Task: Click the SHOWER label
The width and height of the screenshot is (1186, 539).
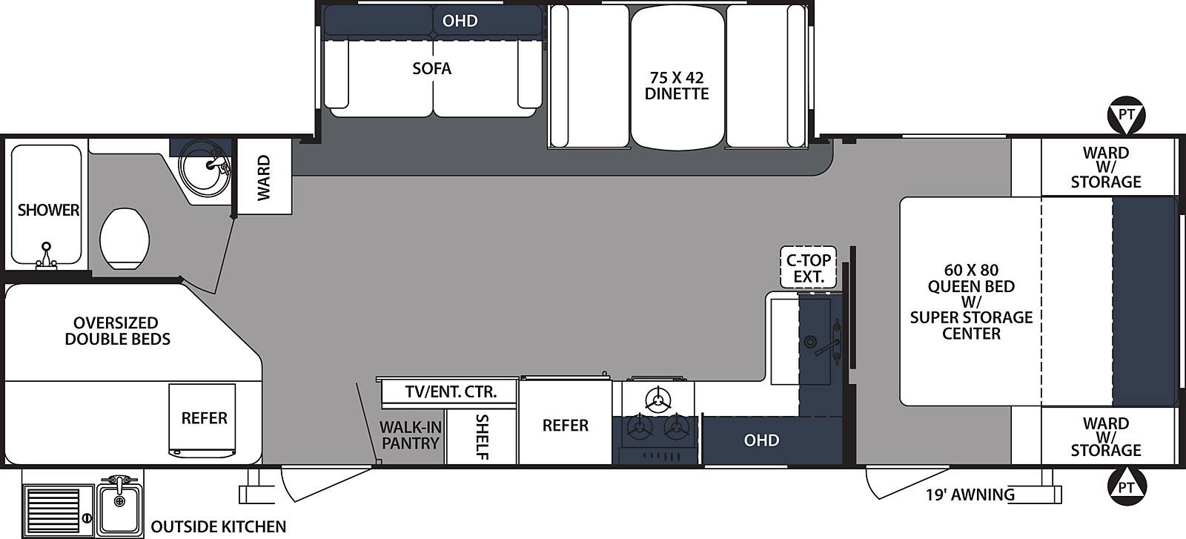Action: click(x=48, y=211)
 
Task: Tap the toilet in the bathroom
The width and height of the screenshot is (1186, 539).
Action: click(x=125, y=238)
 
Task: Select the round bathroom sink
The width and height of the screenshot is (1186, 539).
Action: click(x=205, y=168)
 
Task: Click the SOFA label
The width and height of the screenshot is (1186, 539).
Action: click(x=431, y=68)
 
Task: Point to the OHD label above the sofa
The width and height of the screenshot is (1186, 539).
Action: click(x=460, y=21)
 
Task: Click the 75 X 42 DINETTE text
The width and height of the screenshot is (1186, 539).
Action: click(x=677, y=86)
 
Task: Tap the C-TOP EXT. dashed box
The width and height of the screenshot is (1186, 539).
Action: click(x=809, y=268)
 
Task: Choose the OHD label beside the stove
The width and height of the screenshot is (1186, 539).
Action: click(x=761, y=440)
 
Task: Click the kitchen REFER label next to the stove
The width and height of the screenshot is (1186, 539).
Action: click(x=565, y=425)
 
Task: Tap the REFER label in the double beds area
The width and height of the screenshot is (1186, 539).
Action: click(x=204, y=418)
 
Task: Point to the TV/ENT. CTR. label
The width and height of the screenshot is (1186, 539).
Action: click(x=451, y=392)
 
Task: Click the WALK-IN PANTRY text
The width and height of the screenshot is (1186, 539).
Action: click(x=411, y=434)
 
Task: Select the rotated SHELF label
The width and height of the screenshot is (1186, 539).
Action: click(x=482, y=437)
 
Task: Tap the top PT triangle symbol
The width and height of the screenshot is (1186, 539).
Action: click(x=1126, y=115)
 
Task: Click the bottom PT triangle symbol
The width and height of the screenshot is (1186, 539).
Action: click(x=1127, y=486)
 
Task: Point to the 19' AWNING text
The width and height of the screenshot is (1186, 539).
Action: click(x=970, y=495)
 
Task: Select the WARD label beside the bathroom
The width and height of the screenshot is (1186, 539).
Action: click(x=264, y=177)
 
